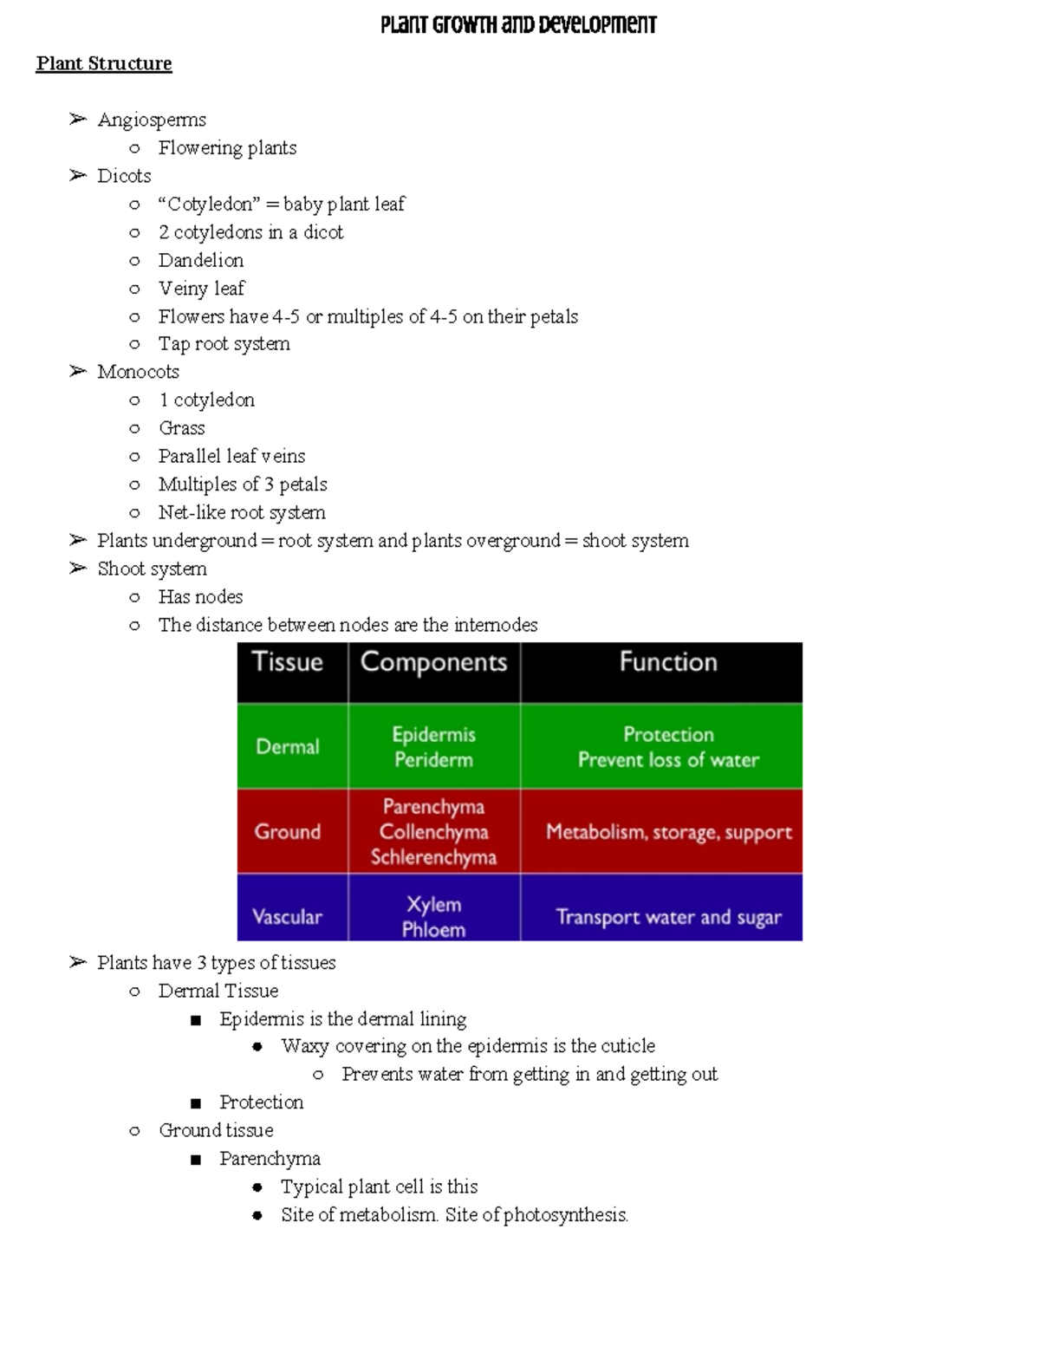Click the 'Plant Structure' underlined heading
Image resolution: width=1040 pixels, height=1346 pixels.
point(104,63)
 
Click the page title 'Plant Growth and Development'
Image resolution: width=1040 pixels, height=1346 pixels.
point(518,24)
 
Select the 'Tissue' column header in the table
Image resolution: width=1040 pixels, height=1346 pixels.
point(287,662)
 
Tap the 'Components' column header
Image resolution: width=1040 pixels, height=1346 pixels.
point(433,662)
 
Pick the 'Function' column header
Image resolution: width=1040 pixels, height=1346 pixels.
point(668,662)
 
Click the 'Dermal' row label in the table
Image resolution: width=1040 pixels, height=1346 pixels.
point(288,746)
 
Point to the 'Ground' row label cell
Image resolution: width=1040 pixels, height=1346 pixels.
point(288,831)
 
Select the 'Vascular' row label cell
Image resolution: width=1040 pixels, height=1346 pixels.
point(287,916)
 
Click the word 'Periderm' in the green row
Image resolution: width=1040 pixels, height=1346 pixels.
point(433,760)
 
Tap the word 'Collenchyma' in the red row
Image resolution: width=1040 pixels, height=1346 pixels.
point(433,832)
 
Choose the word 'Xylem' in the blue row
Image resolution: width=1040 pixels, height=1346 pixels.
point(433,904)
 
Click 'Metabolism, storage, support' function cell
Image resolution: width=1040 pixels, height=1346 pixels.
point(668,832)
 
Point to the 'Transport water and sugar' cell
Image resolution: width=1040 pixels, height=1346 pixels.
point(668,917)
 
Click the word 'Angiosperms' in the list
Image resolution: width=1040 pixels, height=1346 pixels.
point(152,120)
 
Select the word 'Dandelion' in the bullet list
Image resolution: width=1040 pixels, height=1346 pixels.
point(201,260)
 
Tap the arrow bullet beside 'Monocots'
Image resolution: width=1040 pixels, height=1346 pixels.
point(78,371)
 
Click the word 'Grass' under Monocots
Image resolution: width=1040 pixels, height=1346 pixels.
point(182,428)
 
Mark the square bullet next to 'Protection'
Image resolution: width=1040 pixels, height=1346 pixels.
point(196,1103)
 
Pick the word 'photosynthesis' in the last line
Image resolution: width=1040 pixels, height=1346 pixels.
point(564,1215)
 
